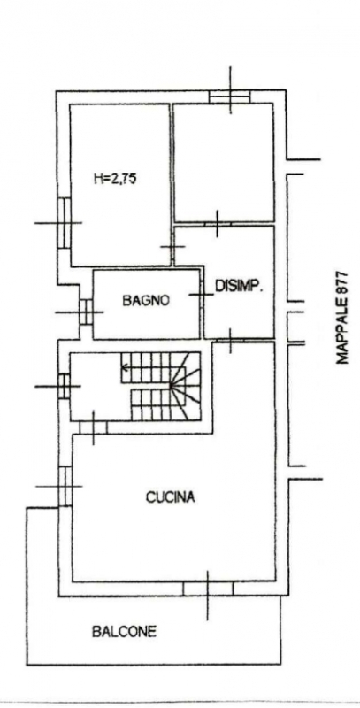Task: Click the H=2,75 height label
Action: tap(116, 179)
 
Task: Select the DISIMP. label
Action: tap(239, 286)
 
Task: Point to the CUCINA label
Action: tap(171, 497)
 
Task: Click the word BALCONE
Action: tap(124, 631)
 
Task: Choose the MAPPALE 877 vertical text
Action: tap(342, 318)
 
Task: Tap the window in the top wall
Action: tap(230, 96)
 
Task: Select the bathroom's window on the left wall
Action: tap(86, 312)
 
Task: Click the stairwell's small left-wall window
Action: tap(64, 386)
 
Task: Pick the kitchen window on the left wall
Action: tap(65, 486)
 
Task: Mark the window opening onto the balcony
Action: tap(208, 589)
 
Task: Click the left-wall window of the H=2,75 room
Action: tap(64, 223)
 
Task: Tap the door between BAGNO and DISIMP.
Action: tap(201, 295)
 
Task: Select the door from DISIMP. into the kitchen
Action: tap(230, 340)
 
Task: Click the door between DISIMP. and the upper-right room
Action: tap(217, 224)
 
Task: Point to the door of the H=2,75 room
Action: tap(172, 247)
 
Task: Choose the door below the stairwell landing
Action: tap(94, 427)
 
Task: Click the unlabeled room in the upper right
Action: tap(224, 163)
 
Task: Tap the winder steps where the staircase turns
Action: tap(186, 386)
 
